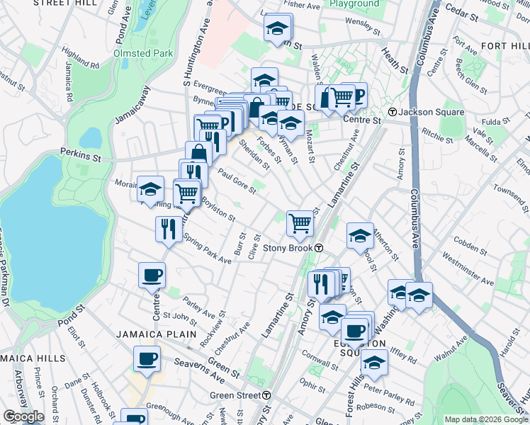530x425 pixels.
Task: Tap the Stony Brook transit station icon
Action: click(320, 248)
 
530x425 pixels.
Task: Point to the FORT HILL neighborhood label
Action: click(504, 46)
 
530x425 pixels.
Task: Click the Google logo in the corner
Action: click(23, 416)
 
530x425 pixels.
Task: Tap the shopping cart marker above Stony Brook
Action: click(300, 223)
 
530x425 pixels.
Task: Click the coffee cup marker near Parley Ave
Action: click(152, 275)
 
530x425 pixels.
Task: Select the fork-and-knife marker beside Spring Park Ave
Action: click(168, 229)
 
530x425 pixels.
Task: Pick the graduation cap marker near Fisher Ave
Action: click(278, 28)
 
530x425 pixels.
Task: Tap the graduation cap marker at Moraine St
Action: click(150, 189)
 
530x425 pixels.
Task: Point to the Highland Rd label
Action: click(80, 57)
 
